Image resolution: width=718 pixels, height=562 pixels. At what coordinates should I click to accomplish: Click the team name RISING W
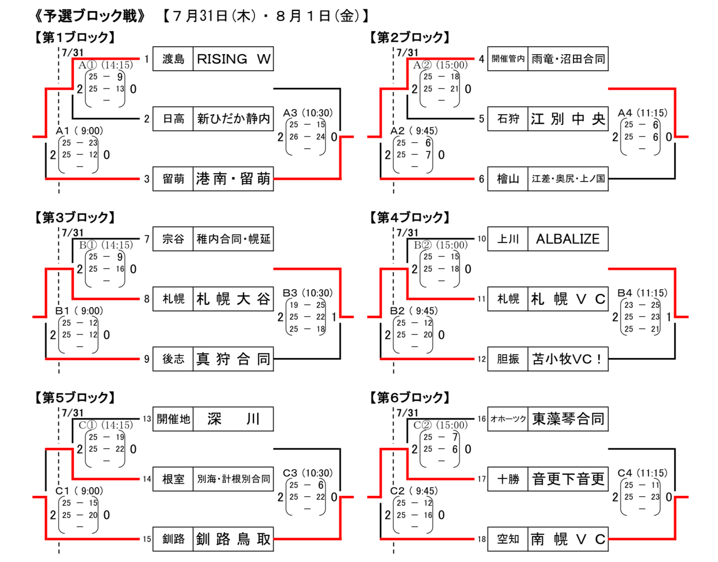click(x=233, y=59)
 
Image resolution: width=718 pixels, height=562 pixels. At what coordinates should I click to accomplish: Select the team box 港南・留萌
click(x=233, y=179)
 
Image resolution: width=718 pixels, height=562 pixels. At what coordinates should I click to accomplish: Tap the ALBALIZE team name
click(x=568, y=239)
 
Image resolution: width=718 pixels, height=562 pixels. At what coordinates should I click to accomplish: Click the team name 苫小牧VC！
click(x=568, y=359)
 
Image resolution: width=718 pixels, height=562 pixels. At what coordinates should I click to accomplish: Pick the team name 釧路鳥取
click(x=233, y=539)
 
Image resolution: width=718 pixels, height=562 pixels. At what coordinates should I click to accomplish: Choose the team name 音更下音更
click(x=568, y=479)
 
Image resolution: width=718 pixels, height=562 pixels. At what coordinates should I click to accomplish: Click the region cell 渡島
click(x=173, y=59)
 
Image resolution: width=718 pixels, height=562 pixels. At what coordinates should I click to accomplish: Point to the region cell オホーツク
click(x=508, y=419)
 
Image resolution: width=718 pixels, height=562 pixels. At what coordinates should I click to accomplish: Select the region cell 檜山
click(x=508, y=179)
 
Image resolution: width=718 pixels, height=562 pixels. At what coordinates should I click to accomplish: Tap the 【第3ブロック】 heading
click(x=75, y=217)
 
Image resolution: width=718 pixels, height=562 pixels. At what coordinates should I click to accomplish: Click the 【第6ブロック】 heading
click(x=409, y=397)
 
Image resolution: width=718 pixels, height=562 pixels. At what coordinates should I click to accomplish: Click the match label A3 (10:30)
click(x=308, y=113)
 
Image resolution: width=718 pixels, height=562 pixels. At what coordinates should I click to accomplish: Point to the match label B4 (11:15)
click(x=642, y=293)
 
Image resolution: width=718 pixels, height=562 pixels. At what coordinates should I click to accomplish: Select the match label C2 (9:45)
click(x=414, y=491)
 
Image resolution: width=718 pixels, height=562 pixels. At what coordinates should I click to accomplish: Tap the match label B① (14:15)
click(x=106, y=245)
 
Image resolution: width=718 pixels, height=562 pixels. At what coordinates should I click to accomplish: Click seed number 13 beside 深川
click(x=147, y=419)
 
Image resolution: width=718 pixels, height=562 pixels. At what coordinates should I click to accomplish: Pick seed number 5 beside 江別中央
click(x=482, y=119)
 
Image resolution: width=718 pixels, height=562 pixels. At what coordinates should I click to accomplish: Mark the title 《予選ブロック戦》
click(x=90, y=16)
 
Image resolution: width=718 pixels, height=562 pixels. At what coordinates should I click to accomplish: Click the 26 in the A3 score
click(x=294, y=137)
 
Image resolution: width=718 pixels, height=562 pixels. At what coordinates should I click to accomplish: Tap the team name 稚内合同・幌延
click(x=233, y=239)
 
